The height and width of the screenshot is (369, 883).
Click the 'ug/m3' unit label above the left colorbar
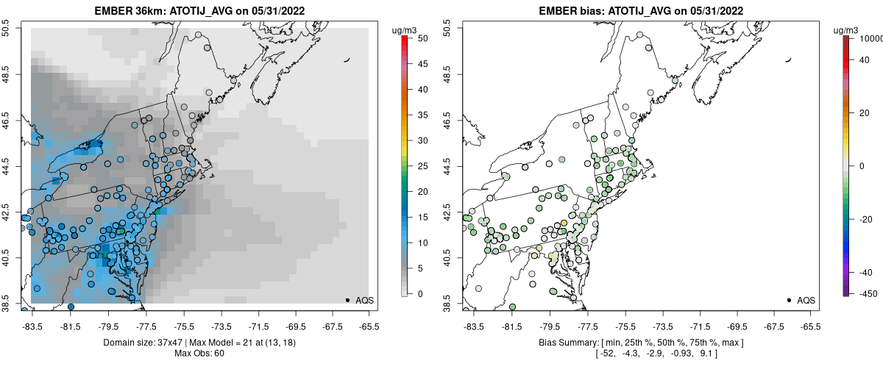[x=405, y=29]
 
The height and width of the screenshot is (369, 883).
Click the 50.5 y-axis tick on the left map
[x=10, y=28]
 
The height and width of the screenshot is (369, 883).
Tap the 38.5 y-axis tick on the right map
[x=447, y=303]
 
